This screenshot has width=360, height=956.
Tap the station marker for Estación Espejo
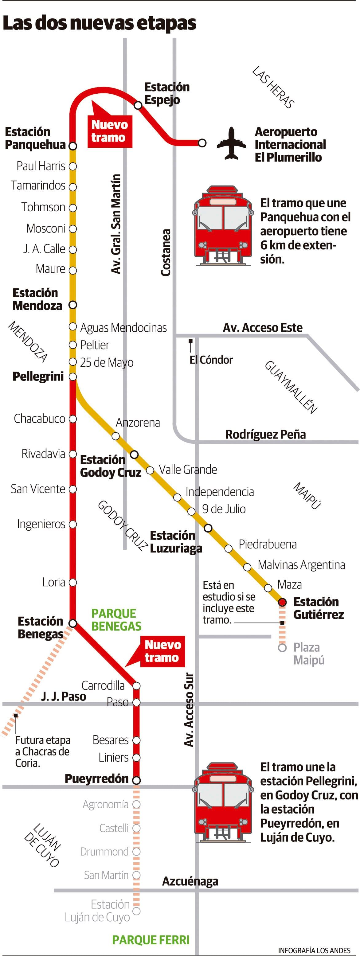[138, 105]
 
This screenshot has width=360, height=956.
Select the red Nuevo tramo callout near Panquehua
[109, 131]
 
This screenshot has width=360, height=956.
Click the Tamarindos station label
[38, 185]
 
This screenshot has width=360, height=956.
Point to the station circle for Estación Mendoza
[73, 305]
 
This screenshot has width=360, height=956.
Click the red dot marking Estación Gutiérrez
[282, 602]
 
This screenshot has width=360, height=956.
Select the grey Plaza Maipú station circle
[282, 648]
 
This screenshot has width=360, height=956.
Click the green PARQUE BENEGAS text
[116, 620]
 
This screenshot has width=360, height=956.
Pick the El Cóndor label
[211, 360]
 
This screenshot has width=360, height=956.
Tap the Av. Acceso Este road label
[262, 328]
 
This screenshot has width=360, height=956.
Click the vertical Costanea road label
[166, 252]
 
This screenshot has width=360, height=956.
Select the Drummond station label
[104, 852]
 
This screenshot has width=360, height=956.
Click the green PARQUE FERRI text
[151, 940]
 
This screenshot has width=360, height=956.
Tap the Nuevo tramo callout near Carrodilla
[162, 651]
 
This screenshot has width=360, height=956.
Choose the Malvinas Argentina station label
[301, 565]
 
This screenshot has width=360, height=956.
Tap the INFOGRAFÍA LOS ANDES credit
[314, 950]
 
